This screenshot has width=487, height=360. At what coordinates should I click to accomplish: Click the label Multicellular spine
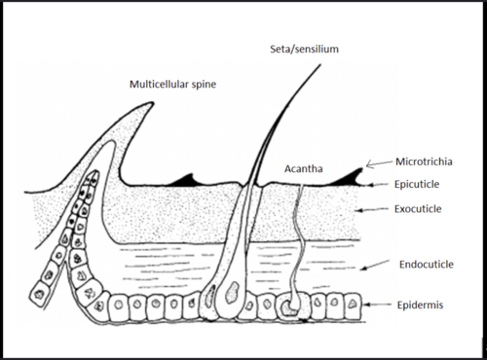[173, 84]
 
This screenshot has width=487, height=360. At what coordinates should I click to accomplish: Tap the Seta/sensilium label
[304, 49]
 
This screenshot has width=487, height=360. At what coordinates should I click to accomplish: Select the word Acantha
[303, 169]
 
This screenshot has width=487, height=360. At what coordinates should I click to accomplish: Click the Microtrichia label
[424, 162]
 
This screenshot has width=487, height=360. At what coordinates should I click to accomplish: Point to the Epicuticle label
[417, 184]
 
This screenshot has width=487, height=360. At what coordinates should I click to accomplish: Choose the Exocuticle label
[418, 209]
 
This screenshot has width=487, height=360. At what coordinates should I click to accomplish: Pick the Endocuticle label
[426, 264]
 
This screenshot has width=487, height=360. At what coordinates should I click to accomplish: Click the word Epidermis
[420, 305]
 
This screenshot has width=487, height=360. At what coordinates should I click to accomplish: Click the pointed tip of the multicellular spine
[152, 103]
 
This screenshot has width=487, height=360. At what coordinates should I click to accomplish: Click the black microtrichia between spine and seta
[184, 180]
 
